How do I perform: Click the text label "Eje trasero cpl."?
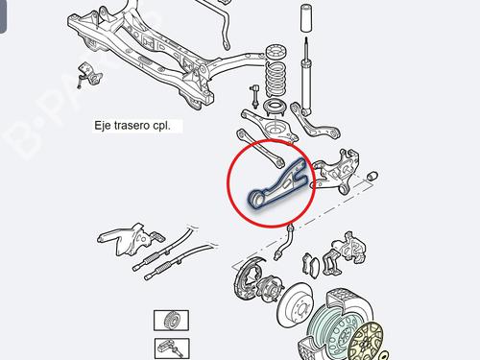(x=132, y=126)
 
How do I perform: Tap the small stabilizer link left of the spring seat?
(x=252, y=96)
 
